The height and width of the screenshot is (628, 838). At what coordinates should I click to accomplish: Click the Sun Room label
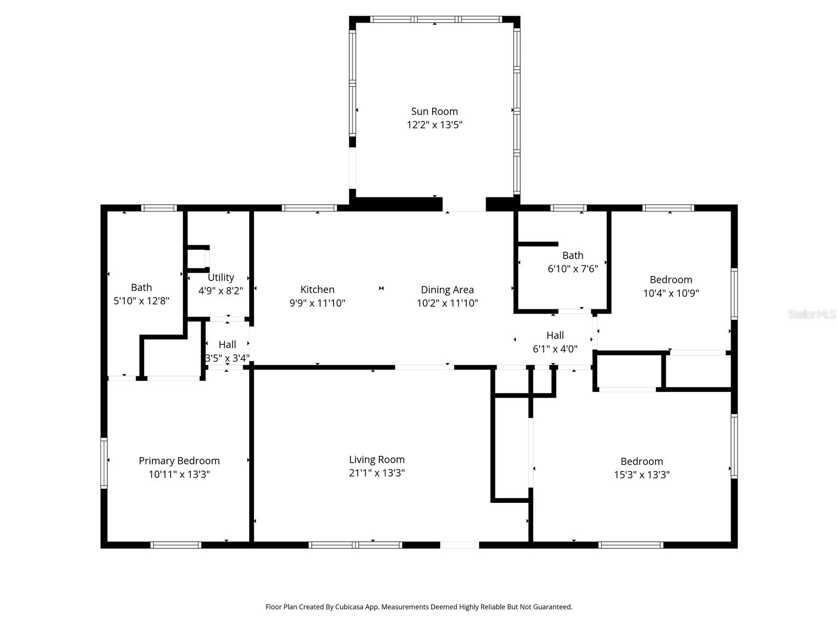pyautogui.click(x=434, y=111)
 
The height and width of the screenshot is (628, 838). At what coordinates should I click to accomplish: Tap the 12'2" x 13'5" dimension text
pyautogui.click(x=434, y=125)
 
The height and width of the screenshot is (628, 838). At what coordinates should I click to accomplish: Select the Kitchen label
pyautogui.click(x=317, y=289)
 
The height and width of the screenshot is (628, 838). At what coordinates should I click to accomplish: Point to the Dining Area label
pyautogui.click(x=447, y=289)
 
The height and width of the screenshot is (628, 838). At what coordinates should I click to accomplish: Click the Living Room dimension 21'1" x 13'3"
pyautogui.click(x=377, y=473)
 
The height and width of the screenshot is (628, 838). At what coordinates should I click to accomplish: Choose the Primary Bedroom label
pyautogui.click(x=179, y=461)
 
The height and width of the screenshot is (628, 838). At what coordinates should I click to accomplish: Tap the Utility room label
pyautogui.click(x=220, y=277)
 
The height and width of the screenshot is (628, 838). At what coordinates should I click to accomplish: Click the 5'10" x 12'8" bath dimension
pyautogui.click(x=141, y=301)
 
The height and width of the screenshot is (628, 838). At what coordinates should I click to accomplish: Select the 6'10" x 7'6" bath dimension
pyautogui.click(x=572, y=269)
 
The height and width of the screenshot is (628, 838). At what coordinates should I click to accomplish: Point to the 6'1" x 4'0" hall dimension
pyautogui.click(x=555, y=349)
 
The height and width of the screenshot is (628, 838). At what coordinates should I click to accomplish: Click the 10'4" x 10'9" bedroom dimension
pyautogui.click(x=671, y=293)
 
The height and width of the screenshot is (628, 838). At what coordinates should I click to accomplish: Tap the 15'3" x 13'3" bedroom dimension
pyautogui.click(x=642, y=475)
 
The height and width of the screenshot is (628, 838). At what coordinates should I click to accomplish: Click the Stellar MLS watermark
pyautogui.click(x=812, y=315)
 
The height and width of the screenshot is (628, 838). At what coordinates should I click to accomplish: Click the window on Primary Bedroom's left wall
pyautogui.click(x=104, y=463)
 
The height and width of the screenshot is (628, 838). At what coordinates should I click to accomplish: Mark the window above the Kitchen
pyautogui.click(x=309, y=208)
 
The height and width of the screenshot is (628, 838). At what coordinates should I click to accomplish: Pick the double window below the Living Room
pyautogui.click(x=356, y=545)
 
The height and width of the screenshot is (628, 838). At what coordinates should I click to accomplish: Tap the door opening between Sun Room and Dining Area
pyautogui.click(x=464, y=208)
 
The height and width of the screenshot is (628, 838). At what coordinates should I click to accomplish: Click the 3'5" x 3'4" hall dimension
pyautogui.click(x=227, y=358)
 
